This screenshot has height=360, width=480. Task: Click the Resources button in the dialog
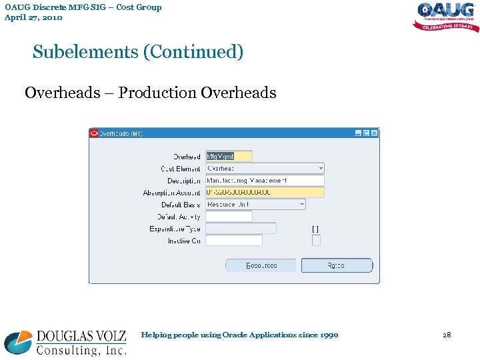tap(261, 265)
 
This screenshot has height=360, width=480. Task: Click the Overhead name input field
tap(229, 156)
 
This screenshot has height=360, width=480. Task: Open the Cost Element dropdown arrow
tap(321, 169)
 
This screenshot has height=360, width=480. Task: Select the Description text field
tap(265, 181)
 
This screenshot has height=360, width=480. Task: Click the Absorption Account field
tap(265, 193)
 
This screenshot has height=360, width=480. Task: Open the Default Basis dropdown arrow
tap(302, 205)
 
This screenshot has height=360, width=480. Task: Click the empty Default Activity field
tap(229, 217)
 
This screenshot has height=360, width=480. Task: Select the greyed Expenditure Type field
tap(241, 229)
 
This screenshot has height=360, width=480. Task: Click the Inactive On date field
tap(233, 241)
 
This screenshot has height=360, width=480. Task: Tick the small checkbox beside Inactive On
tap(316, 241)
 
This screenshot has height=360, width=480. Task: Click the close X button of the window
tap(374, 133)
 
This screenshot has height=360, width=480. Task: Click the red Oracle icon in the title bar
tap(94, 133)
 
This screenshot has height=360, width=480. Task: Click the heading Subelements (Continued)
tap(138, 52)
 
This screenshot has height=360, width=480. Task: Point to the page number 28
tap(447, 335)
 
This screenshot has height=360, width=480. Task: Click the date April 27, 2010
tap(33, 18)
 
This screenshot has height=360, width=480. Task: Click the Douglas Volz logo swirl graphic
tap(17, 342)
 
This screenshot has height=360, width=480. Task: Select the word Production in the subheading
tap(157, 93)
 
